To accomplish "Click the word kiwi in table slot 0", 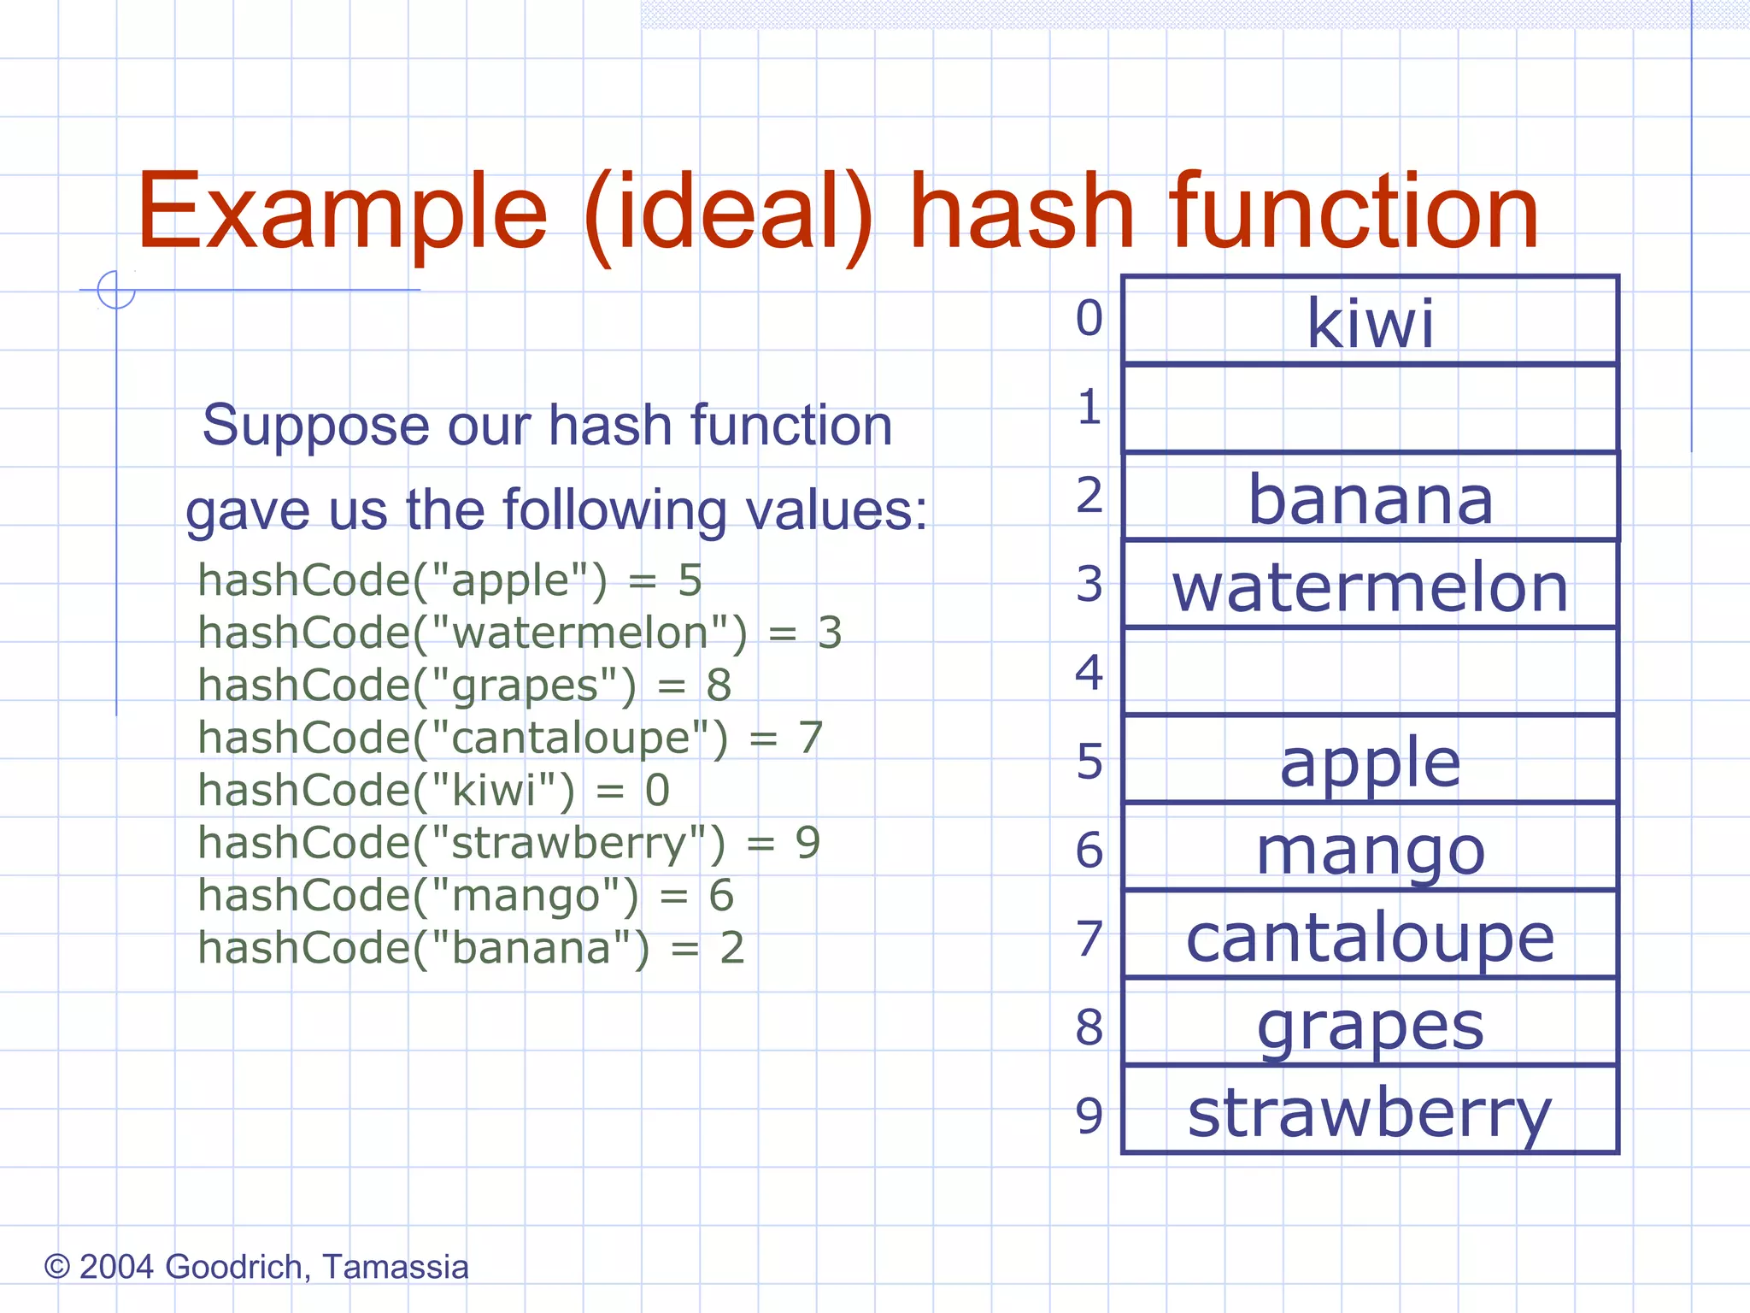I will tap(1370, 323).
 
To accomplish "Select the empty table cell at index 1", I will tap(1370, 409).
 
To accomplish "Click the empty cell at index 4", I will tap(1370, 672).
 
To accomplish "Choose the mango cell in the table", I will tap(1370, 851).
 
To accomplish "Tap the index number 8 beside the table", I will tap(1089, 1027).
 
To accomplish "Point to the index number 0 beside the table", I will tap(1089, 318).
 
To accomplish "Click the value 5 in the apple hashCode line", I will tap(690, 580).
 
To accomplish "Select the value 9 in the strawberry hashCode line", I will tap(807, 843).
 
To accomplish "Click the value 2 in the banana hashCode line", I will tap(732, 948).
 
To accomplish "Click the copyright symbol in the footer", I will tap(56, 1266).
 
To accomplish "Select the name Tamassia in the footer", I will tap(396, 1267).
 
